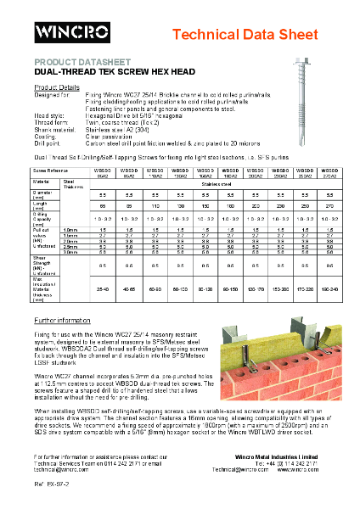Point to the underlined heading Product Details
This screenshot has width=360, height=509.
click(x=57, y=87)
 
